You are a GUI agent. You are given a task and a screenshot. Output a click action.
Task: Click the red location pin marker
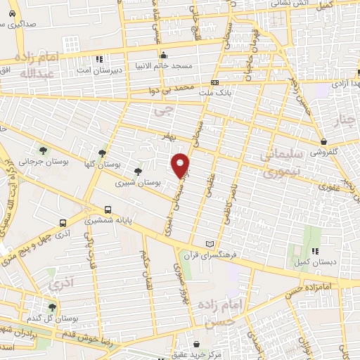(181, 165)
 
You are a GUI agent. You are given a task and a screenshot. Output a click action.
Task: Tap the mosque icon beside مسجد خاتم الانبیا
(163, 56)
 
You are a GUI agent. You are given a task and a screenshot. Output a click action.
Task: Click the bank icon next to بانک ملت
(214, 82)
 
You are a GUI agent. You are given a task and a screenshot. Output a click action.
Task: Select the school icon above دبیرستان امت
(99, 58)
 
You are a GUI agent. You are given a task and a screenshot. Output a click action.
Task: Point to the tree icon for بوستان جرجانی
(44, 150)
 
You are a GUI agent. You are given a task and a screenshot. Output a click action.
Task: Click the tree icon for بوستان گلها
(103, 153)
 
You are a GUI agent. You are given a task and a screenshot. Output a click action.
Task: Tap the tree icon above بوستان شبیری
(138, 171)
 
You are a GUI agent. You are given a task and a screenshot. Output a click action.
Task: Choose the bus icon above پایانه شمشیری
(108, 209)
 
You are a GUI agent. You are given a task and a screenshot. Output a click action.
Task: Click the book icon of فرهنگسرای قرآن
(209, 244)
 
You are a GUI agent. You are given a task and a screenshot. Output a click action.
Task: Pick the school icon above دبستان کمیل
(316, 250)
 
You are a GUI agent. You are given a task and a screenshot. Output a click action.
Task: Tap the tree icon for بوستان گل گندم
(51, 307)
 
